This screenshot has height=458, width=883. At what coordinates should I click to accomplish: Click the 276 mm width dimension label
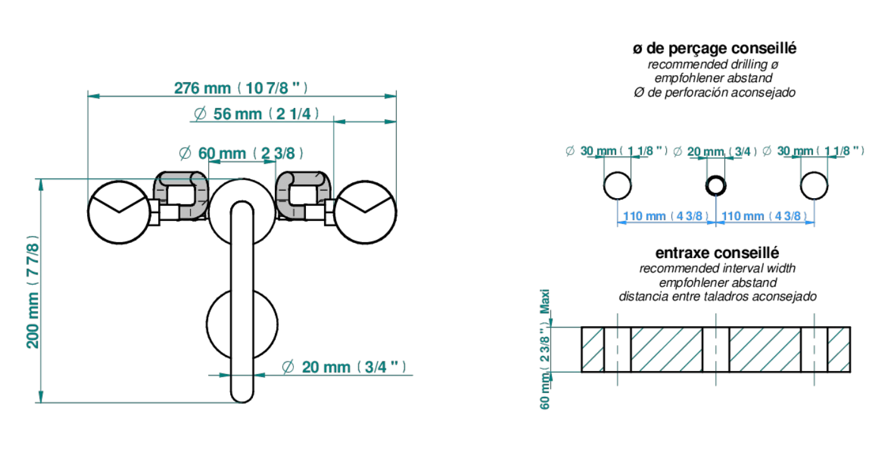pyautogui.click(x=241, y=88)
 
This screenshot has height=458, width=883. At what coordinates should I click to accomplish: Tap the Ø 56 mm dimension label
pyautogui.click(x=256, y=114)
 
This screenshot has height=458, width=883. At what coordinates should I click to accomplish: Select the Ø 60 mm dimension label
pyautogui.click(x=241, y=153)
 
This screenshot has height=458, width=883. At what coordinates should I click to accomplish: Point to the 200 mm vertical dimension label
pyautogui.click(x=33, y=291)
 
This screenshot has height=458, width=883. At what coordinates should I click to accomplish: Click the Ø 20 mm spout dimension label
pyautogui.click(x=344, y=367)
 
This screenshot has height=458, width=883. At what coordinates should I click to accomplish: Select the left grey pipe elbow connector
pyautogui.click(x=181, y=195)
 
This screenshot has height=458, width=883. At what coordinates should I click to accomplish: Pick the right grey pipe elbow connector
pyautogui.click(x=303, y=195)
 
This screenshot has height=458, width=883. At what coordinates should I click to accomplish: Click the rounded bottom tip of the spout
pyautogui.click(x=242, y=401)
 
